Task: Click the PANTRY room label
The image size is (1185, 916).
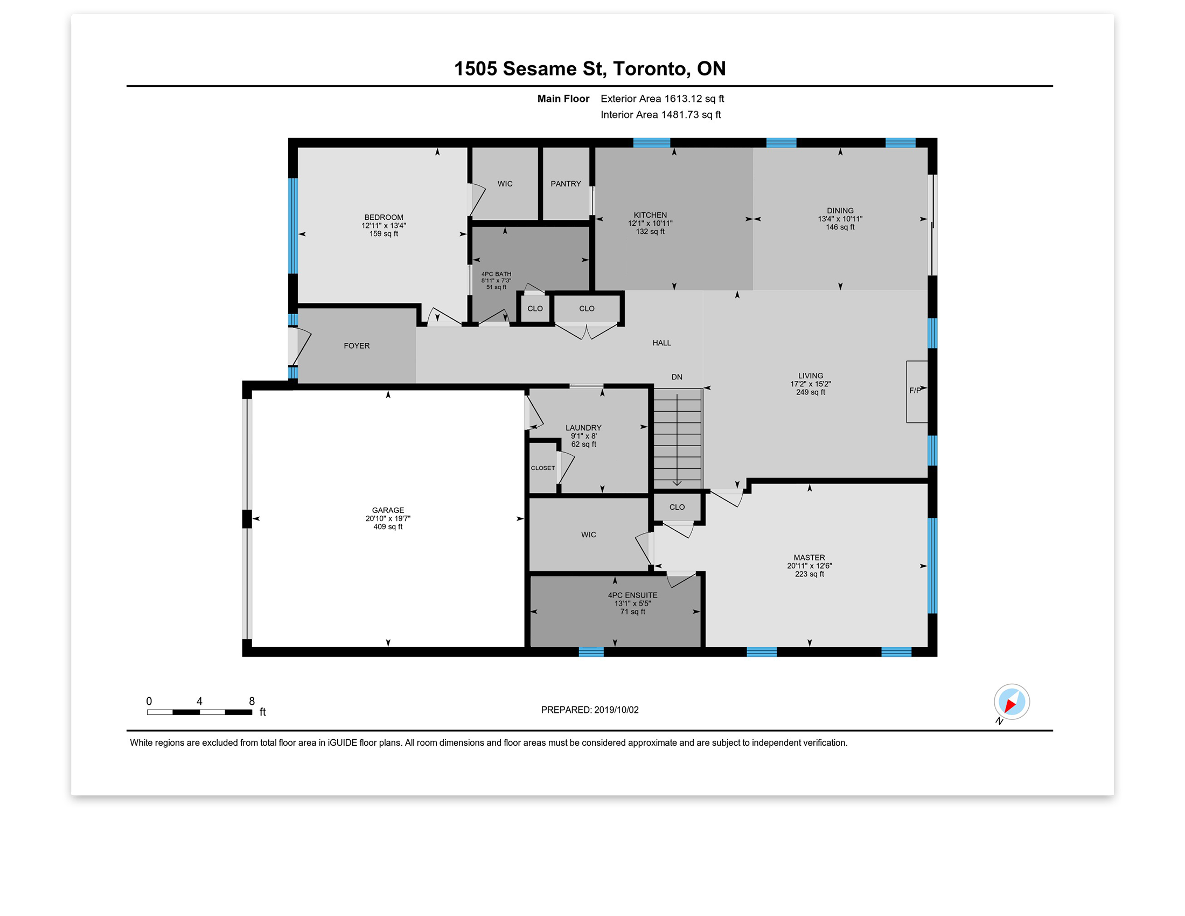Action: tap(566, 184)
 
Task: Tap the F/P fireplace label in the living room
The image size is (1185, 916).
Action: tap(915, 390)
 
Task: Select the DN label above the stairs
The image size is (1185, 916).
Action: tap(677, 377)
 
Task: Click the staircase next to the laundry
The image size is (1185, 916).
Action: tap(678, 439)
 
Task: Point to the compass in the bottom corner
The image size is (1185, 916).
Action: tap(1012, 702)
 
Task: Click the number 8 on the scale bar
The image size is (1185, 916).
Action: tap(252, 701)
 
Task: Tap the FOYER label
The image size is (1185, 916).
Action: tap(357, 346)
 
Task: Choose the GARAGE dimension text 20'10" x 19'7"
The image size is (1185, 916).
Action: tap(388, 518)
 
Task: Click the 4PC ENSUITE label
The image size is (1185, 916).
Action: tap(633, 595)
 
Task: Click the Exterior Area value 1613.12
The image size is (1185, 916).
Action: tap(683, 99)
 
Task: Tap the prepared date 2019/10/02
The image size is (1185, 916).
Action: tap(616, 710)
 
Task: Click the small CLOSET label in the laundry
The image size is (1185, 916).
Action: tap(542, 468)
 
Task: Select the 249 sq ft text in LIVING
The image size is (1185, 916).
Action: tap(811, 392)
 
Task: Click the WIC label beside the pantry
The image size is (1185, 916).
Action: tap(505, 184)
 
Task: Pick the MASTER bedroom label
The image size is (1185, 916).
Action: tap(810, 557)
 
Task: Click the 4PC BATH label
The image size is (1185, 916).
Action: tap(496, 274)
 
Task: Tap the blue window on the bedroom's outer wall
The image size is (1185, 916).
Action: tap(293, 226)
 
